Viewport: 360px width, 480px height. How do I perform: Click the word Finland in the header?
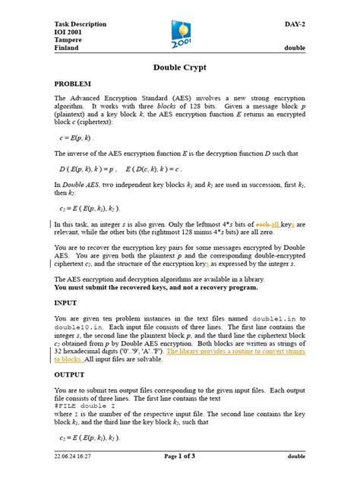67,47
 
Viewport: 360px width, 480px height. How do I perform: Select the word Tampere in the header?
68,36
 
